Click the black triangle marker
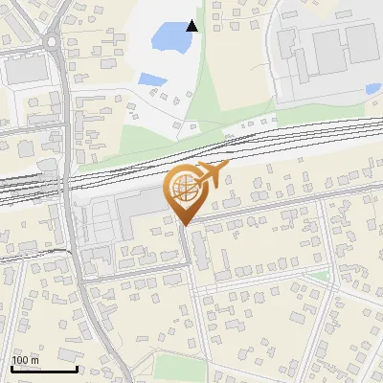(x=192, y=26)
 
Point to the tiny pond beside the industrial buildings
(x=372, y=89)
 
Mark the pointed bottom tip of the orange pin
(x=184, y=225)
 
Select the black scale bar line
(x=43, y=369)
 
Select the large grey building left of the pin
(x=139, y=206)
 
